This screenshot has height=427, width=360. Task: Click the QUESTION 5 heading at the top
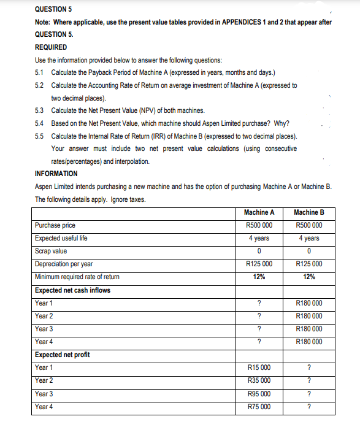tap(53, 9)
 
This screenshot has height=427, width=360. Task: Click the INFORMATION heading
tap(56, 174)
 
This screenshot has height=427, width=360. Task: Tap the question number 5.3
tap(40, 110)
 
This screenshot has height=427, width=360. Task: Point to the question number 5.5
tap(40, 136)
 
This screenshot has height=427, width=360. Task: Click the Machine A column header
tap(259, 212)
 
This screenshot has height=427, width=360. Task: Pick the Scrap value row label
tap(51, 251)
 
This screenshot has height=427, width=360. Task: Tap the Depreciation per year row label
tap(64, 264)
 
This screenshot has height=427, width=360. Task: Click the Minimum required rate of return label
tap(77, 277)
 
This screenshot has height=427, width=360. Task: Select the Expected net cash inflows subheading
tap(72, 290)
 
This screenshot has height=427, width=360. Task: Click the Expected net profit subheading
tap(62, 355)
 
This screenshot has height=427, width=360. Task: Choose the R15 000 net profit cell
tap(259, 367)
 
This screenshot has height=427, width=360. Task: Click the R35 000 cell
tap(259, 380)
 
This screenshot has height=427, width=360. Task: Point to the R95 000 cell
tap(259, 393)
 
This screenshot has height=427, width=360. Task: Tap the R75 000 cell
tap(259, 406)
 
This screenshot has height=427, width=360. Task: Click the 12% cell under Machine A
tap(259, 277)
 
